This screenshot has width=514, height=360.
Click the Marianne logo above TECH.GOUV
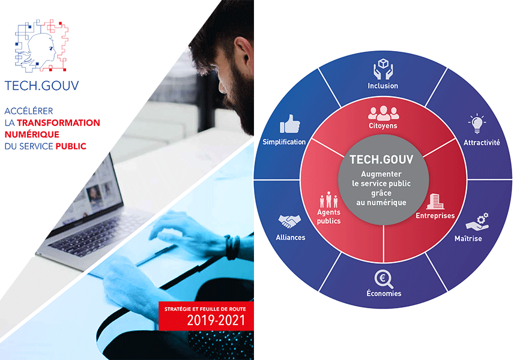[41, 45]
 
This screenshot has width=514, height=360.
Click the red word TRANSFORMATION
[58, 123]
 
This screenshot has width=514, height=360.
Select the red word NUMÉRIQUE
[32, 134]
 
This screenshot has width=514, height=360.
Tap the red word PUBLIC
[71, 146]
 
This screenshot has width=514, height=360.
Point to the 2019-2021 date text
[216, 320]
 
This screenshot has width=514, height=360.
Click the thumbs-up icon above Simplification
[290, 124]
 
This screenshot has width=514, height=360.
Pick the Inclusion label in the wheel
[383, 86]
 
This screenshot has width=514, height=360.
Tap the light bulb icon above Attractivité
[477, 124]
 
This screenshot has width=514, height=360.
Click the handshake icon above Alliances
[289, 221]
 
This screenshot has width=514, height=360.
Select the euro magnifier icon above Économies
[384, 279]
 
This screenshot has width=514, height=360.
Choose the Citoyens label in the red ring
[383, 126]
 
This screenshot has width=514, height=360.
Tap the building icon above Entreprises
[435, 202]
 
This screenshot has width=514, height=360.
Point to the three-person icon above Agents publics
[329, 199]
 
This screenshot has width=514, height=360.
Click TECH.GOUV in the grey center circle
[381, 160]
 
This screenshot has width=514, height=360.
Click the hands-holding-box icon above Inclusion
[383, 69]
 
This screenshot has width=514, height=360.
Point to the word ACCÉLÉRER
[29, 111]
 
